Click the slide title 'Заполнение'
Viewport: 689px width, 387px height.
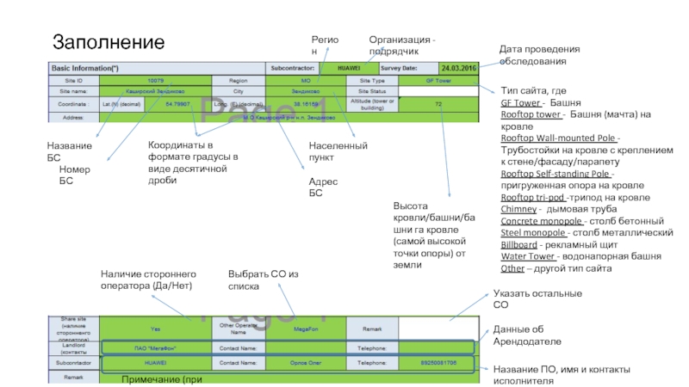(x=109, y=42)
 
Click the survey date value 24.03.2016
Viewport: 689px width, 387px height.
(x=458, y=68)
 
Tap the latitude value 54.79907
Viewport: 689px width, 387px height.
(x=177, y=104)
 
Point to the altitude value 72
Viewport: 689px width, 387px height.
(x=438, y=104)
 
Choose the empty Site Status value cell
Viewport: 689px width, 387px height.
(x=438, y=91)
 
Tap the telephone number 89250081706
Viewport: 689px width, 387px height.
(x=438, y=363)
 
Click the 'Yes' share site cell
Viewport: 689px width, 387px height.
(x=155, y=328)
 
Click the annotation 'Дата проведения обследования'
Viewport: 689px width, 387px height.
(x=540, y=55)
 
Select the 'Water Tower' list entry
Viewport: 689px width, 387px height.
(x=528, y=256)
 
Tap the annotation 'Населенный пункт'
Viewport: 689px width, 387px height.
(x=338, y=151)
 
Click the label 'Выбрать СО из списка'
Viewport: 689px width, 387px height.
(x=263, y=279)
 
